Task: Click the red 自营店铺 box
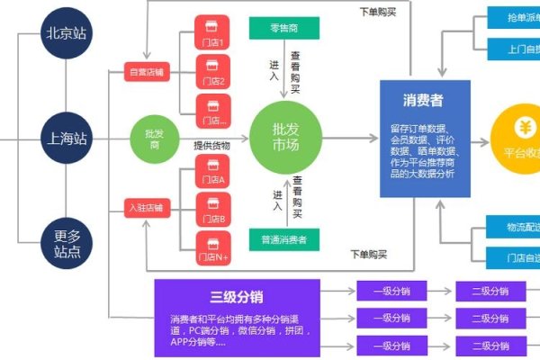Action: point(148,71)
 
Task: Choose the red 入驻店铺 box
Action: point(148,209)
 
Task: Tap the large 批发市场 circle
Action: point(284,139)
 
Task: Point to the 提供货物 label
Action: point(211,146)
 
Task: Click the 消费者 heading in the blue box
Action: point(424,99)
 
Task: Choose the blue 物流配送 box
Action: point(512,225)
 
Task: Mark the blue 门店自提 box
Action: point(512,259)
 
